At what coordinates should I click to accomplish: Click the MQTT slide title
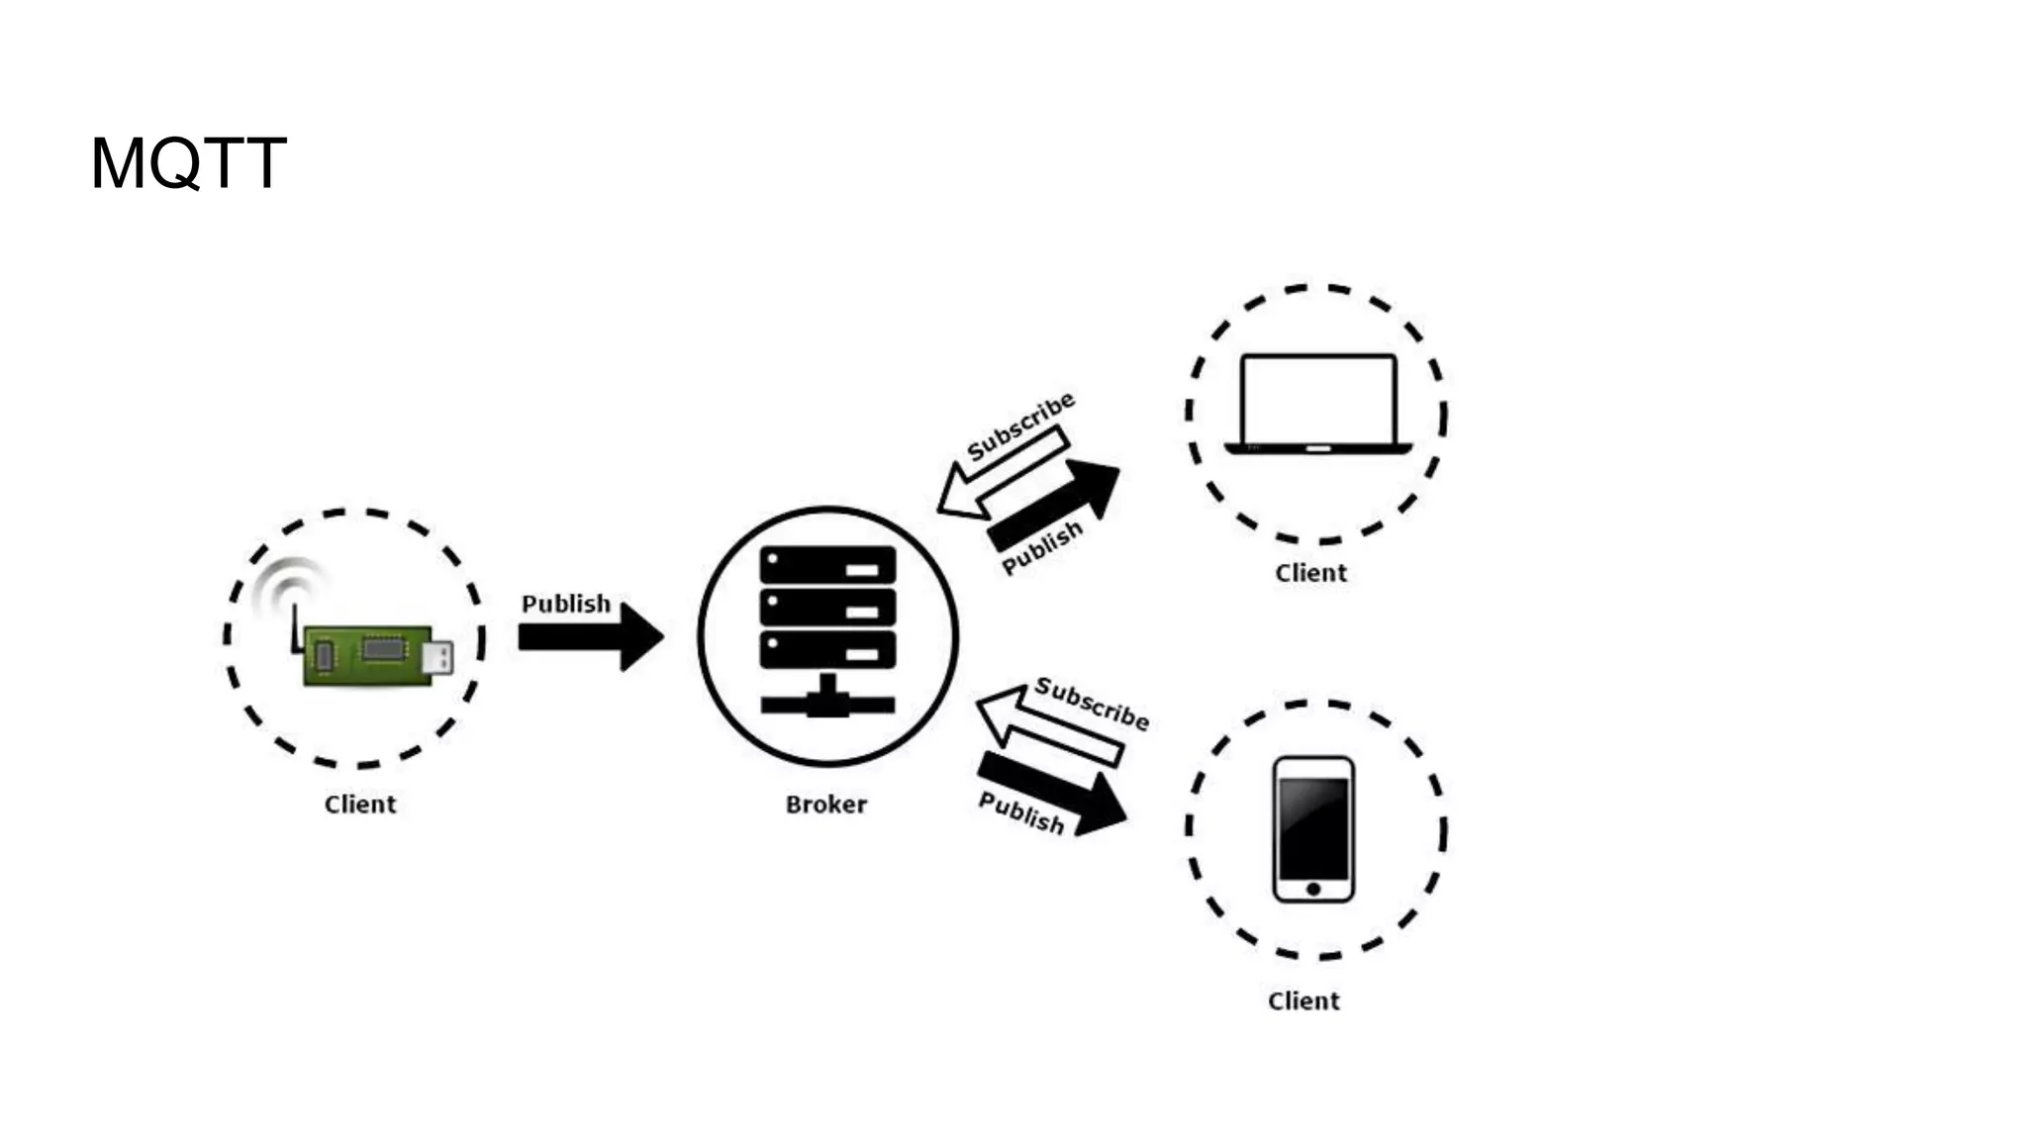188,163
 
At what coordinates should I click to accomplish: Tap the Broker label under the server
826,805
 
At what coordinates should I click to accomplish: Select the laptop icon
1317,404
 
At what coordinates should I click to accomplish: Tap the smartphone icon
1313,829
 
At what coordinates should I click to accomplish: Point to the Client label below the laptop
1310,573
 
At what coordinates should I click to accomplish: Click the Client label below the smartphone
1303,1001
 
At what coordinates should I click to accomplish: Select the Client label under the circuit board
360,805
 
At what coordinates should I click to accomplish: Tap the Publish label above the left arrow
566,604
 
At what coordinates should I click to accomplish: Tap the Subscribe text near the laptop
1020,427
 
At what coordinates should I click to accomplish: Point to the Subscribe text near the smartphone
1092,704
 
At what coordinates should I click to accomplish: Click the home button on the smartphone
1313,889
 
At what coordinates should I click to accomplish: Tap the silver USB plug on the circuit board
437,657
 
